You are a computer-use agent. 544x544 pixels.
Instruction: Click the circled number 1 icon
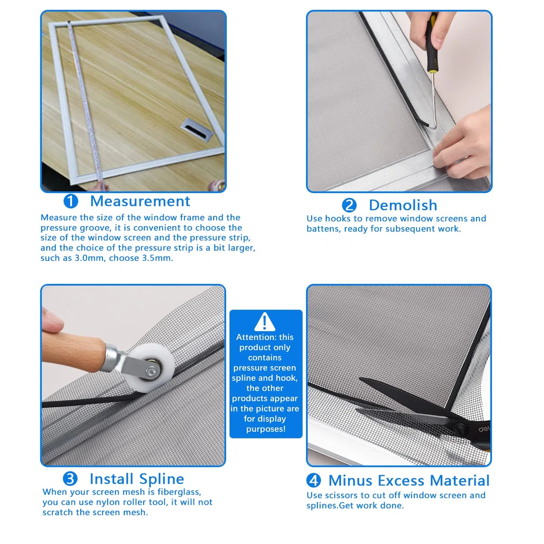[71, 201]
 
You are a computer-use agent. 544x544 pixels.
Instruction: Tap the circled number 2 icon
[349, 205]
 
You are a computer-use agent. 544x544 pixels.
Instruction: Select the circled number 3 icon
[70, 479]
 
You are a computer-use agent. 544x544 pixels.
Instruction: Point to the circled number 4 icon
[313, 480]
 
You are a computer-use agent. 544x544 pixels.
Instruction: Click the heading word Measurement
[140, 201]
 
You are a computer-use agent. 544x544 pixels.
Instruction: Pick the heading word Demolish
[403, 205]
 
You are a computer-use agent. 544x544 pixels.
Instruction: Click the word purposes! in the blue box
[266, 429]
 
